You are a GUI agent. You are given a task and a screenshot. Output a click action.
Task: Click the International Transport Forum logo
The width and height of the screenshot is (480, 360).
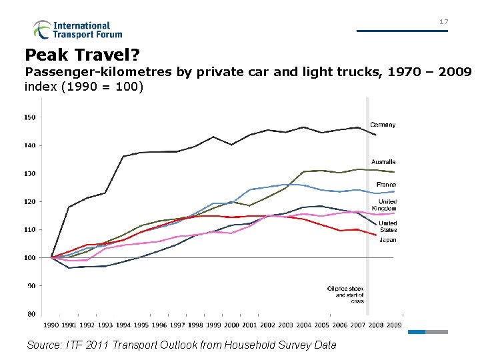(78, 29)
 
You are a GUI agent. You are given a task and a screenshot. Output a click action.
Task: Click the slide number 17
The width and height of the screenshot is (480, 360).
(443, 22)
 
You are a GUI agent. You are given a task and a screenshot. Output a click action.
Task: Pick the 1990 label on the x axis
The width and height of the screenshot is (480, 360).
(51, 325)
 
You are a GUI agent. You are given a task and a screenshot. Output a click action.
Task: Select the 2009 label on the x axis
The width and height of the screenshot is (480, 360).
(393, 325)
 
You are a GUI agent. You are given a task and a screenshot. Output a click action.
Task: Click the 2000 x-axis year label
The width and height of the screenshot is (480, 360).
(231, 325)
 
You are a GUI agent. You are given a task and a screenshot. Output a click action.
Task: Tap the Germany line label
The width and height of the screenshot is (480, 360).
(383, 125)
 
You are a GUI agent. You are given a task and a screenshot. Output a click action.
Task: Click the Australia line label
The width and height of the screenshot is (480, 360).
(383, 162)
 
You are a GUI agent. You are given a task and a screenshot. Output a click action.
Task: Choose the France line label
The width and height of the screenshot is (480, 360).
(386, 185)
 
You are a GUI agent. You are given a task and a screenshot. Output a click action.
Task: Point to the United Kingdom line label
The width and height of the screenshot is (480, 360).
(387, 205)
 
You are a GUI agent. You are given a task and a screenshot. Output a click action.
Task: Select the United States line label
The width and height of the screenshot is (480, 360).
(387, 227)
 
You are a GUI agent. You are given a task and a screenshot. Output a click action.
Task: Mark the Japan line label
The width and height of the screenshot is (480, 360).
(387, 240)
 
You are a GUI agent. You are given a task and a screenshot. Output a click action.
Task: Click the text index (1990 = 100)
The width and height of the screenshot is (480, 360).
(84, 86)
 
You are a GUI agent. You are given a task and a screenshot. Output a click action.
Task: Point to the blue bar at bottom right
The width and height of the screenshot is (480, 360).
(416, 331)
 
